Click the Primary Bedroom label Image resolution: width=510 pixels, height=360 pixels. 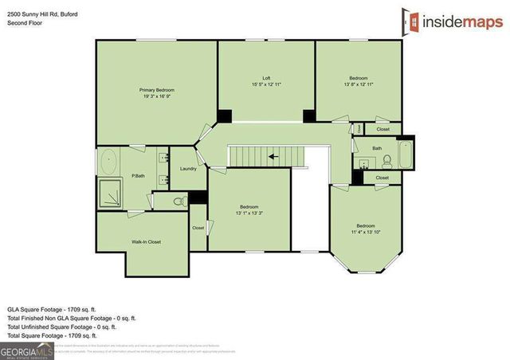coord(156,90)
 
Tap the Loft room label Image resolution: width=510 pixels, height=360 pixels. coord(266,78)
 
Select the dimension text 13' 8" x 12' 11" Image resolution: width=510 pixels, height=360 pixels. coord(359,84)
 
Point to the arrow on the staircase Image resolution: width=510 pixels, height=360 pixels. coord(273,157)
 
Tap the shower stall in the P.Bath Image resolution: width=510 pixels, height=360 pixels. coord(109,193)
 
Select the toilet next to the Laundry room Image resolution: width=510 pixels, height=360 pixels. coord(179,200)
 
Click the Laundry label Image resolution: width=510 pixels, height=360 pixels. coord(189,169)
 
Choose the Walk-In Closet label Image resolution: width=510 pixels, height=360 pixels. coord(146,241)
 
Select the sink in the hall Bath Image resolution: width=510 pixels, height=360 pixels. coord(364,163)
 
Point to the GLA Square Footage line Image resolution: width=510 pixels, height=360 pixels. coord(53,307)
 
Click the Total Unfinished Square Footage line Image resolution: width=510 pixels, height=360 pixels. coord(62,327)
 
